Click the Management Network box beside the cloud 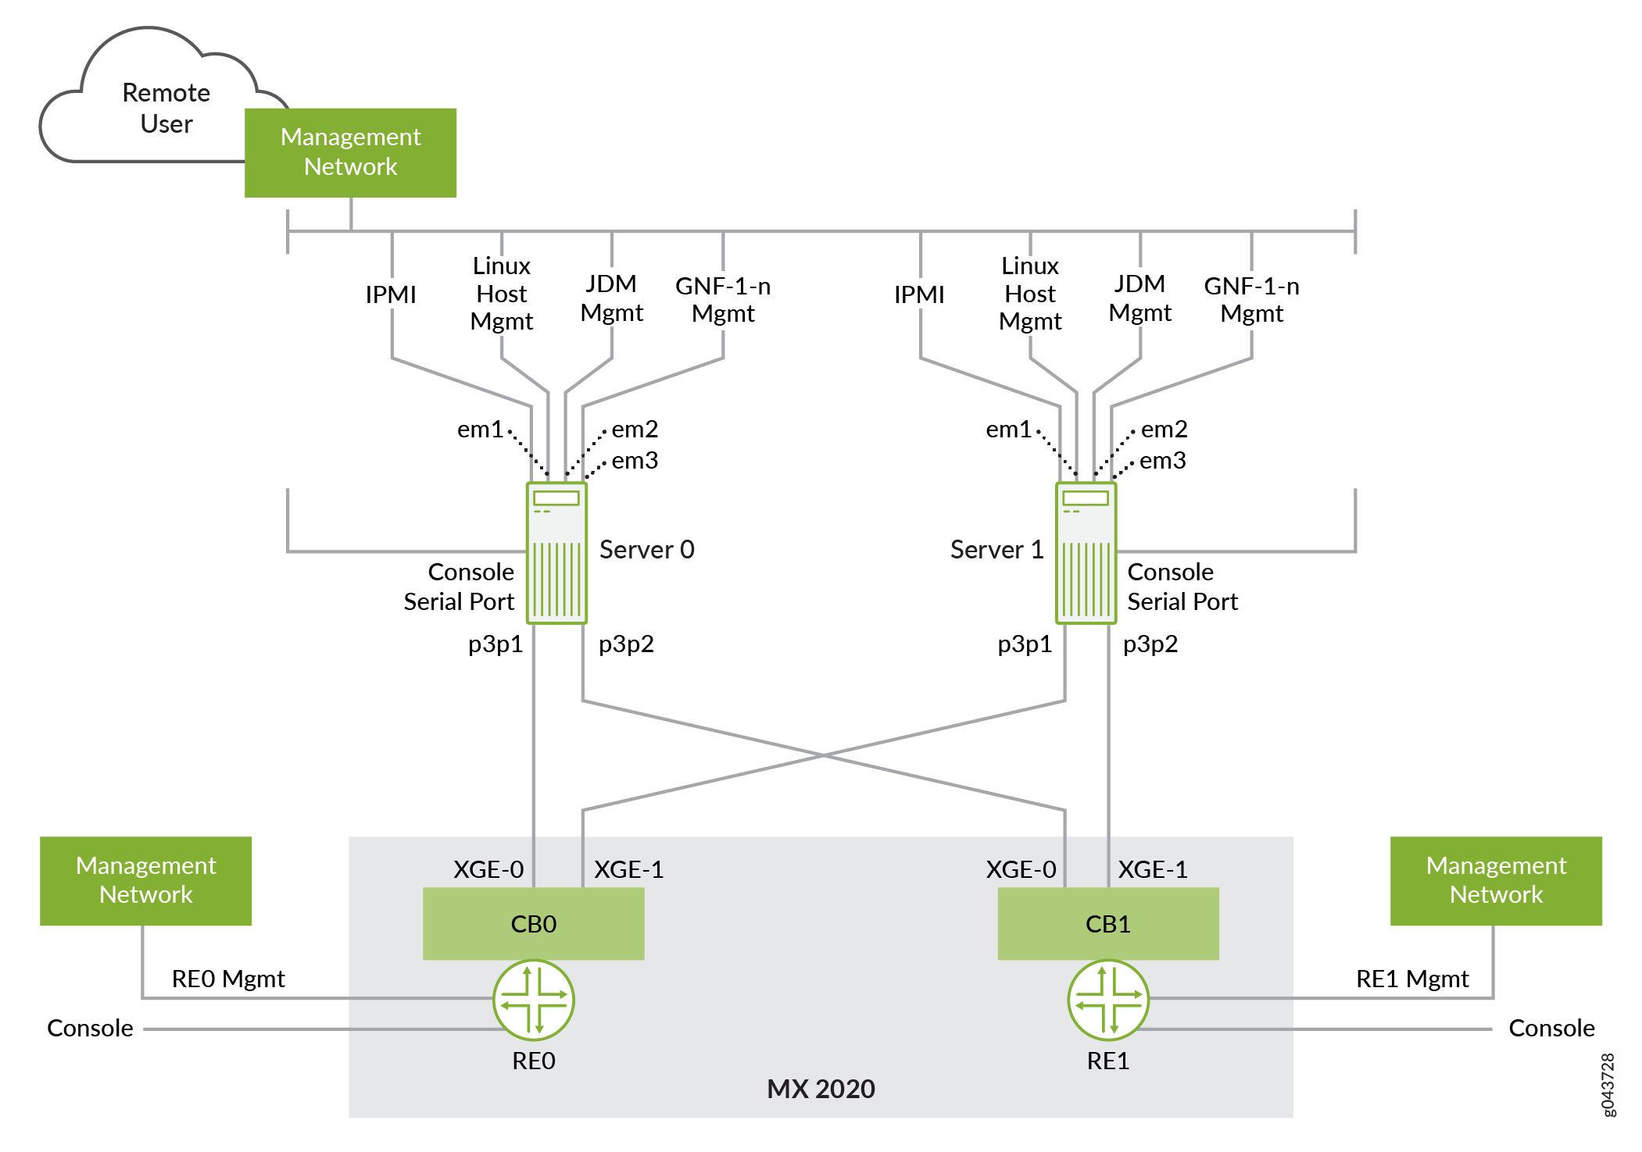pyautogui.click(x=350, y=152)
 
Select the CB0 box pyautogui.click(x=533, y=924)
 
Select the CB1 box pyautogui.click(x=1107, y=924)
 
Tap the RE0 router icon pyautogui.click(x=534, y=1000)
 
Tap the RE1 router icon pyautogui.click(x=1107, y=1000)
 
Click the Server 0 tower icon pyautogui.click(x=556, y=553)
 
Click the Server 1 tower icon pyautogui.click(x=1086, y=553)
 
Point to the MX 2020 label pyautogui.click(x=821, y=1089)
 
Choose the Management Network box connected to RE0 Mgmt pyautogui.click(x=146, y=880)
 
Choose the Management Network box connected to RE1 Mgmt pyautogui.click(x=1496, y=880)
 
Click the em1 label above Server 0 pyautogui.click(x=480, y=430)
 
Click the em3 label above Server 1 pyautogui.click(x=1163, y=461)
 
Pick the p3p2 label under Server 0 pyautogui.click(x=626, y=644)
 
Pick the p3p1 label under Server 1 pyautogui.click(x=1025, y=644)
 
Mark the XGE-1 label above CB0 pyautogui.click(x=629, y=869)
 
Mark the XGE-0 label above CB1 pyautogui.click(x=1021, y=869)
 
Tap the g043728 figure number pyautogui.click(x=1608, y=1085)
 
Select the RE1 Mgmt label pyautogui.click(x=1412, y=979)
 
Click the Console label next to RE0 pyautogui.click(x=90, y=1028)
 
